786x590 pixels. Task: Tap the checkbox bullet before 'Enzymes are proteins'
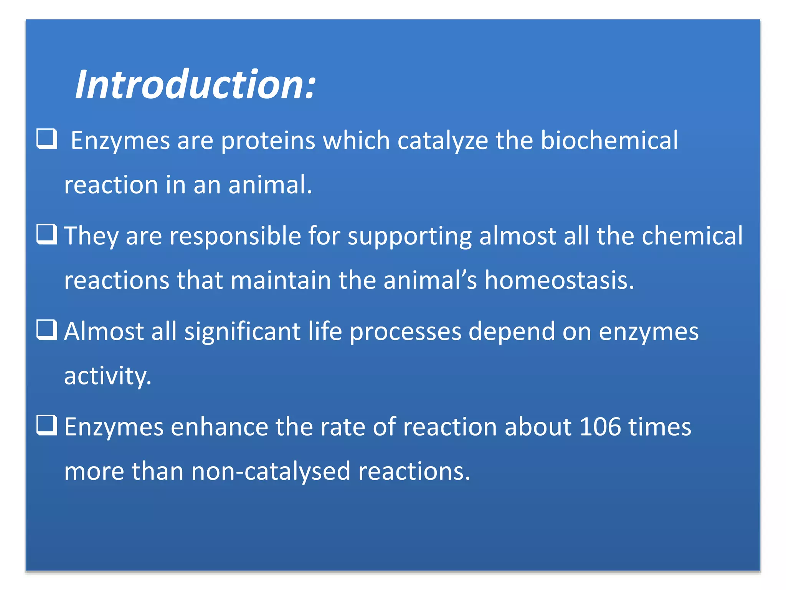(x=47, y=139)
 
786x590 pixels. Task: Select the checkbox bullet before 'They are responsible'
(x=47, y=234)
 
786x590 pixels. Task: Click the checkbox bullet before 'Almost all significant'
(x=47, y=330)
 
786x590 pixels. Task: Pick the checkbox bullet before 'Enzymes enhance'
(x=47, y=425)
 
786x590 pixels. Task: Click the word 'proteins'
(x=268, y=141)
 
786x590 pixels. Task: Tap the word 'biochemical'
(x=609, y=141)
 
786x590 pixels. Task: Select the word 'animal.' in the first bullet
(x=270, y=185)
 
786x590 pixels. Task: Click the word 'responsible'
(x=235, y=236)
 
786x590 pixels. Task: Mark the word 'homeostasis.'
(x=559, y=280)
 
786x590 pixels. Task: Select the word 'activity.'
(x=108, y=376)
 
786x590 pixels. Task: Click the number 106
(x=600, y=427)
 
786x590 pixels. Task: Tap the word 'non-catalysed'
(x=271, y=471)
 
